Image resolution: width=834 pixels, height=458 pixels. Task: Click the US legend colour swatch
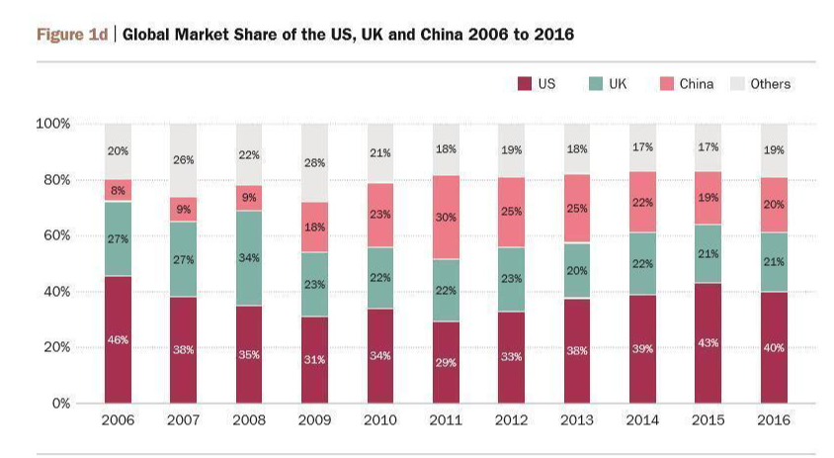pos(525,84)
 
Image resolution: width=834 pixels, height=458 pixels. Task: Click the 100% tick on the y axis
pos(52,124)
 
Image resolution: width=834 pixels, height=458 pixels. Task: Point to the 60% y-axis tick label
pos(52,235)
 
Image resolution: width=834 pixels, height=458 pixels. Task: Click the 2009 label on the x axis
pos(315,420)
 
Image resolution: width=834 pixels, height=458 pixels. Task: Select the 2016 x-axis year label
pos(774,420)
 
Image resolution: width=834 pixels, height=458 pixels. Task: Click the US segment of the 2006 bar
pos(119,339)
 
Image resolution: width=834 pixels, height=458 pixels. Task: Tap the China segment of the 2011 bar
pos(446,218)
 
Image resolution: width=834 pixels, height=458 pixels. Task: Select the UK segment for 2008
pos(250,258)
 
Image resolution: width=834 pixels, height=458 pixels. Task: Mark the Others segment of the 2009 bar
pos(315,162)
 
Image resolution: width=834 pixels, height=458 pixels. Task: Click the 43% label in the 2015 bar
pos(709,342)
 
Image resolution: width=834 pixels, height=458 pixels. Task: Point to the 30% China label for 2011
pos(446,217)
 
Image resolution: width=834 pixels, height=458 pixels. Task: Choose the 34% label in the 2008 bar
pos(250,258)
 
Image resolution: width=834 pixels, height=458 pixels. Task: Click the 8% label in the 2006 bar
pos(119,190)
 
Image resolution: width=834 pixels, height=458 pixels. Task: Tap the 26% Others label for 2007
pos(184,159)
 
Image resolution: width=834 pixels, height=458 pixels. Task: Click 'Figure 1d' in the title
pos(71,35)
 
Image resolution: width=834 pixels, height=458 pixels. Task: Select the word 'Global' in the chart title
pos(148,35)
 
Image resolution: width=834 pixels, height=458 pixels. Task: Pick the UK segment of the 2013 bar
pos(577,270)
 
